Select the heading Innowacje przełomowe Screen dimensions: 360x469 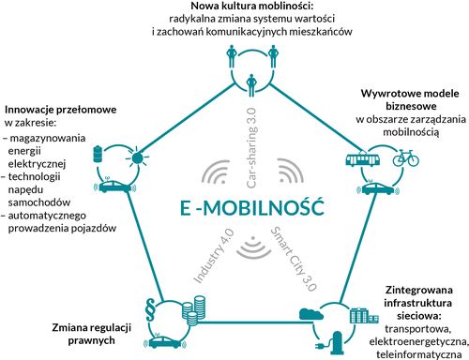click(54, 109)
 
